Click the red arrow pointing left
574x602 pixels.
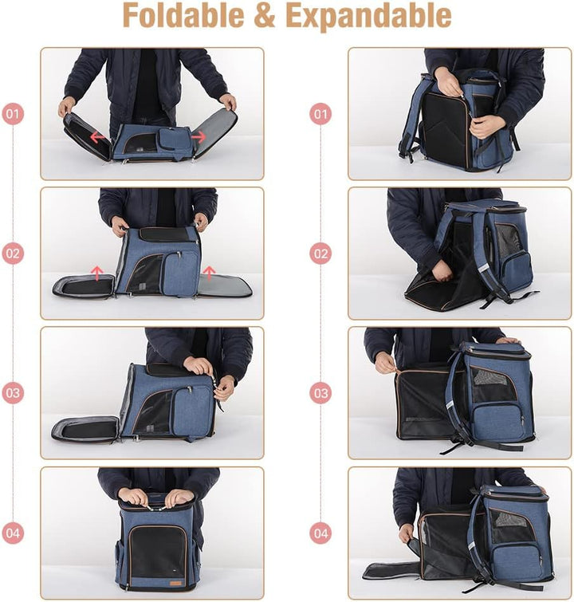[x=97, y=136]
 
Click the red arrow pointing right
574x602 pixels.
[x=199, y=136]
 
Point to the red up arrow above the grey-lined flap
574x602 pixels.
[x=210, y=273]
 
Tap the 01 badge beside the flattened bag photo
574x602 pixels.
[x=12, y=114]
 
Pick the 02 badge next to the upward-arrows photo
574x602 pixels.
[x=12, y=254]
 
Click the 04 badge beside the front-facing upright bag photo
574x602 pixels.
[x=12, y=533]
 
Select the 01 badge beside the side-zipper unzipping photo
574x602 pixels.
[x=320, y=114]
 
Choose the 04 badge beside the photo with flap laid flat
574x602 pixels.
[x=320, y=533]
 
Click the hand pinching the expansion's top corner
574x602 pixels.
[x=386, y=364]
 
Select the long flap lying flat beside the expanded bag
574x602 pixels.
[x=391, y=570]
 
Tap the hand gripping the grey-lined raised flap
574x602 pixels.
[x=229, y=101]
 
